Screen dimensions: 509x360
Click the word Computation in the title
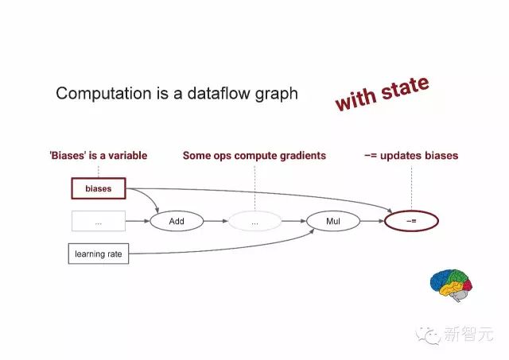tap(103, 94)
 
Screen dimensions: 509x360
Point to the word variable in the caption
tap(127, 155)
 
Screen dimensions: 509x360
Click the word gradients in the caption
tap(303, 156)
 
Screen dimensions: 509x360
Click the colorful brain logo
tap(451, 285)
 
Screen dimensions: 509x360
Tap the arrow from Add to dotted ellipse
tap(216, 221)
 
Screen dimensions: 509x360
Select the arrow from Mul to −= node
tap(372, 221)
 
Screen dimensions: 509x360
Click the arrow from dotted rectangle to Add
tap(138, 221)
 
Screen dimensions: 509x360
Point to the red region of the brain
tap(468, 285)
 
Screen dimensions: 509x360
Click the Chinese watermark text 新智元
tap(468, 334)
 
